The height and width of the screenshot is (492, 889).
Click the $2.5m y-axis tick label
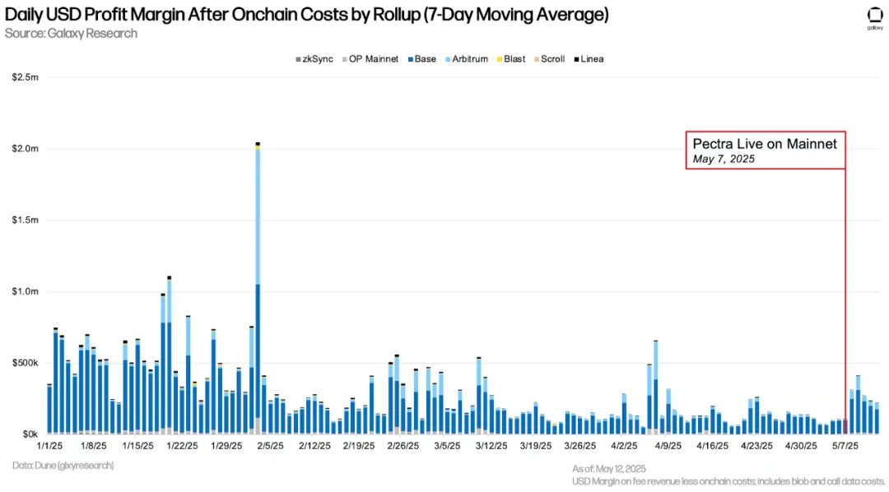(26, 77)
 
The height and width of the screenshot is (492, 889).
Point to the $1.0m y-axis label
(26, 291)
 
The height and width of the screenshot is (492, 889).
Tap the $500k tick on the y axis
(26, 363)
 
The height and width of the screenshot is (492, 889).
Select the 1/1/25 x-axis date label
(49, 446)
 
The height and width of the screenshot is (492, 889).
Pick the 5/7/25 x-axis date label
(845, 446)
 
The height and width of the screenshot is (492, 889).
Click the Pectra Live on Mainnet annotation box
(766, 151)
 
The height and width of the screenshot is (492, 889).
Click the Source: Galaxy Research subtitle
(71, 34)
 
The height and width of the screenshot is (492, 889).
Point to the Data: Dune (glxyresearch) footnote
(63, 466)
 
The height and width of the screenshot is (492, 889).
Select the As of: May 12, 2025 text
(610, 468)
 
